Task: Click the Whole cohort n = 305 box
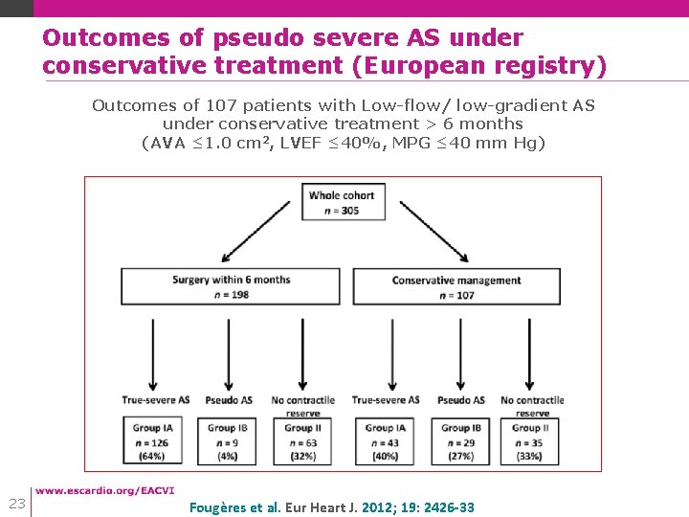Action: [x=342, y=203]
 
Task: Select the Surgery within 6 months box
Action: [x=230, y=286]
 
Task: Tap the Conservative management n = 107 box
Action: [x=456, y=286]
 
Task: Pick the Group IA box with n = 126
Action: [x=155, y=441]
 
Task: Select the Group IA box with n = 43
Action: [x=386, y=441]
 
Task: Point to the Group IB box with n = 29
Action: [x=461, y=441]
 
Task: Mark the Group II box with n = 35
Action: [x=533, y=441]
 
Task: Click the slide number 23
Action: [x=16, y=504]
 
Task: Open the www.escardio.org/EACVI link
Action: [x=105, y=491]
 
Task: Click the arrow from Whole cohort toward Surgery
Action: [x=256, y=230]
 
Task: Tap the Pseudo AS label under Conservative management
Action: [x=461, y=400]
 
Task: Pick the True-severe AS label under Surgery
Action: [x=155, y=400]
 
